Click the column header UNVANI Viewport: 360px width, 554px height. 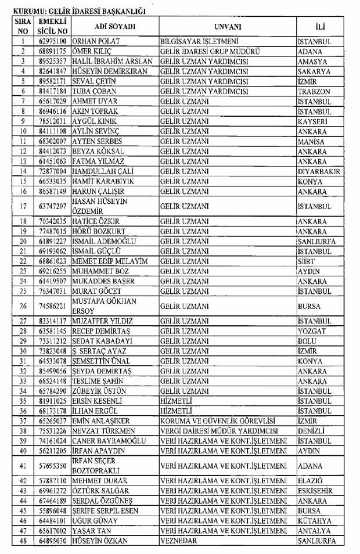click(x=227, y=27)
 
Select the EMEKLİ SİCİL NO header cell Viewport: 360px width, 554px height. click(x=51, y=27)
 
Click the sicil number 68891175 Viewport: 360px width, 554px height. click(x=51, y=51)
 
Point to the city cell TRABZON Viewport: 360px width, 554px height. click(x=314, y=91)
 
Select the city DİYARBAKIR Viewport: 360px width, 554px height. click(x=319, y=171)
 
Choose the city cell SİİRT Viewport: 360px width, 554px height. click(x=307, y=261)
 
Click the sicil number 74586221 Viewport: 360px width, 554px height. click(x=51, y=306)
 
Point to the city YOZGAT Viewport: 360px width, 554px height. click(x=313, y=331)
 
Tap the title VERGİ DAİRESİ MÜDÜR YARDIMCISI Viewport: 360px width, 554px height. click(x=219, y=431)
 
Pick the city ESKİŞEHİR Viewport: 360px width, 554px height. click(x=315, y=491)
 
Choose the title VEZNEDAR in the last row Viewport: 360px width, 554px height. click(x=179, y=541)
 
